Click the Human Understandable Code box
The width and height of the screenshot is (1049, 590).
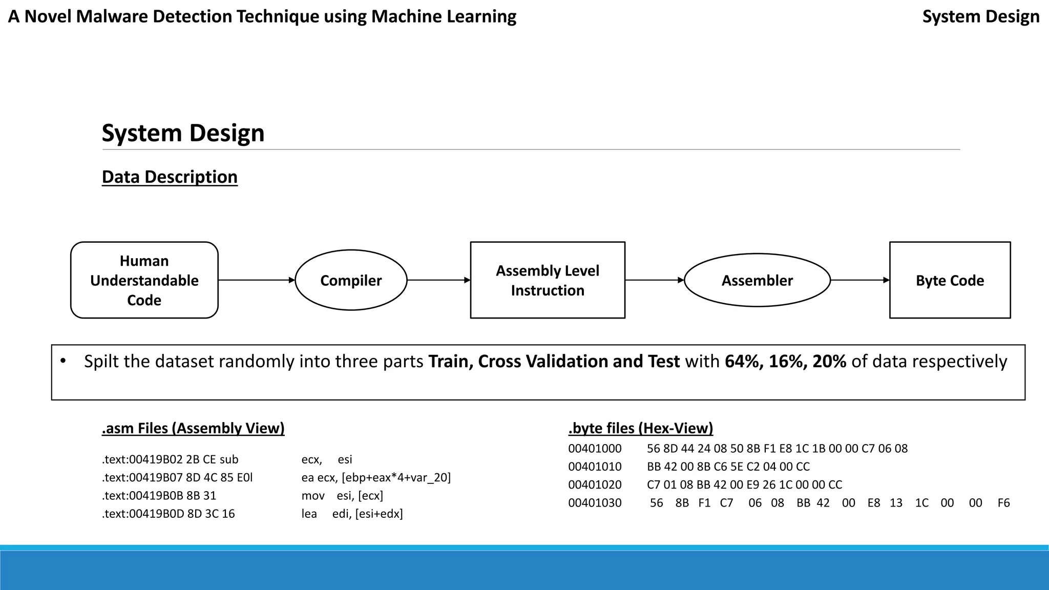(144, 280)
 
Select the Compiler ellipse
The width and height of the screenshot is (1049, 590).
(351, 280)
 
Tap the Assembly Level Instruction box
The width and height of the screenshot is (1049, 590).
(547, 280)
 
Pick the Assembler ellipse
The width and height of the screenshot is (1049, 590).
(757, 280)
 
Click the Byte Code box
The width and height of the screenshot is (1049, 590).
(950, 280)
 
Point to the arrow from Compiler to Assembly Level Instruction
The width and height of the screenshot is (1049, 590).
(438, 280)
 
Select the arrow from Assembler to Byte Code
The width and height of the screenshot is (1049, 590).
(859, 280)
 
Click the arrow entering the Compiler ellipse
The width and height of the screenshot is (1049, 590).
(256, 280)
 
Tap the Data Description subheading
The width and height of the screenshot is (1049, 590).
(170, 177)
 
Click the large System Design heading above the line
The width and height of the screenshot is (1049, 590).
(183, 133)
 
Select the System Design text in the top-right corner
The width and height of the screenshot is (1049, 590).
(980, 16)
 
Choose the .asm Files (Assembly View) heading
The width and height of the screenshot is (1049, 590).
(193, 428)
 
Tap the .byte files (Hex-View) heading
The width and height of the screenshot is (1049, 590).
(640, 428)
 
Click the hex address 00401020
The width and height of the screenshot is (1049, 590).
(595, 484)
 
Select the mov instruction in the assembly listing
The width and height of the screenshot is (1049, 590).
(312, 496)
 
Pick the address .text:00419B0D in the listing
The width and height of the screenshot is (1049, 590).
(142, 514)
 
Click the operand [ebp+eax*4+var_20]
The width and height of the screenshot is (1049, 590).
(396, 478)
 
